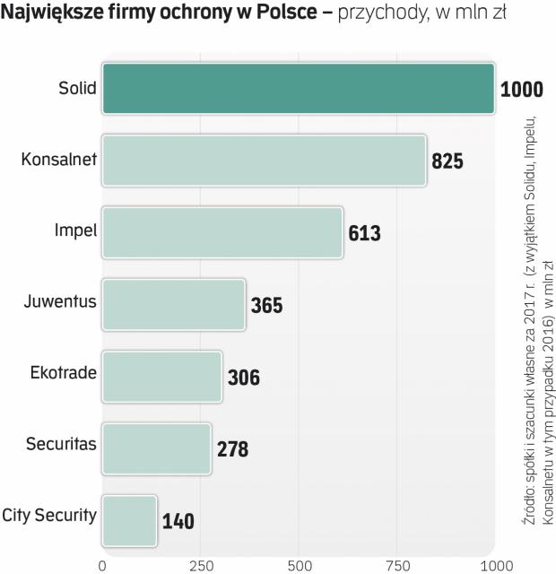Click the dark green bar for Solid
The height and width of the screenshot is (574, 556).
point(298,88)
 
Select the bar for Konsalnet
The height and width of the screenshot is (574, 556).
point(264,161)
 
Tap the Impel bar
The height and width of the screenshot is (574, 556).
point(222,232)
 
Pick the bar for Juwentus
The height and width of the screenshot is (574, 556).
point(173,304)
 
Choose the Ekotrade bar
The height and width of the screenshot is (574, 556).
point(161,376)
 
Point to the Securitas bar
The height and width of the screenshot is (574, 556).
point(156,448)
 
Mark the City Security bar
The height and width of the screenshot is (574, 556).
point(129,519)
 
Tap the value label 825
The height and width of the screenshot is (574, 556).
point(447,162)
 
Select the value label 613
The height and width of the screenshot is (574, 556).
point(365,234)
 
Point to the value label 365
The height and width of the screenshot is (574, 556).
point(266,306)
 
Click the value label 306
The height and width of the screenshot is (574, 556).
point(243,378)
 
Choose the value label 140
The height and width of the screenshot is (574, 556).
point(178,521)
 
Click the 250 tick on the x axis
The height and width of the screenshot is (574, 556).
point(201,566)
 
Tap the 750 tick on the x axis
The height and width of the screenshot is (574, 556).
point(398,566)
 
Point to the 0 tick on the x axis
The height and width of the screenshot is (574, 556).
point(102,566)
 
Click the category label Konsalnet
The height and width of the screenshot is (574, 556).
point(57,161)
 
